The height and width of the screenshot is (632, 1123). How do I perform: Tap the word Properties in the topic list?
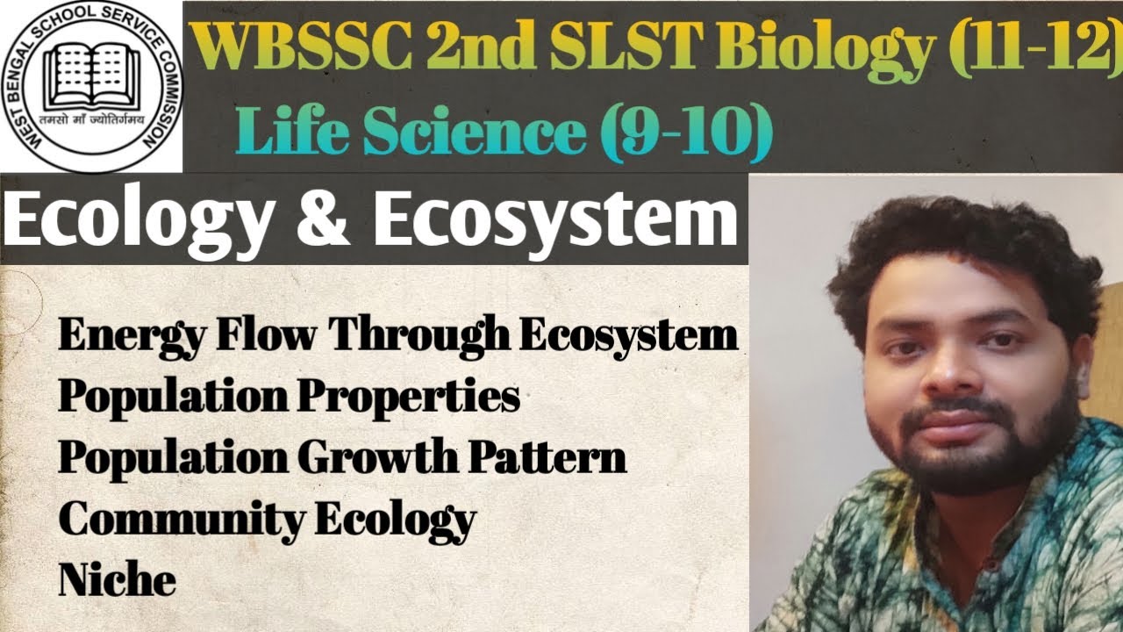[408, 397]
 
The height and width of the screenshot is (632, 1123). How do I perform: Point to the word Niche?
[117, 578]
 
